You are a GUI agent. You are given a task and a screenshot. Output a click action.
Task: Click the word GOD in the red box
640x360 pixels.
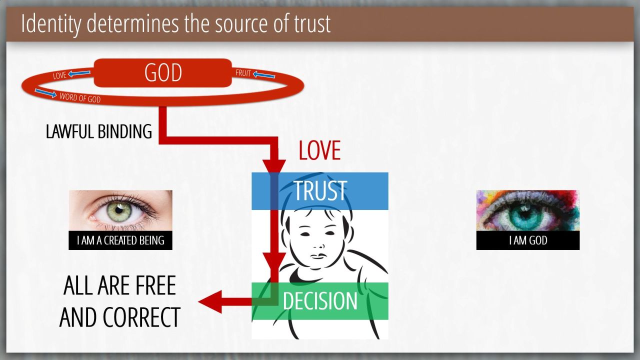[163, 72]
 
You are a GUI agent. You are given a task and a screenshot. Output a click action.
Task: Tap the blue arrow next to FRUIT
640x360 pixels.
[264, 75]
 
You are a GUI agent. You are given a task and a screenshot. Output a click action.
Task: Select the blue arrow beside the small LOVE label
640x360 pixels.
[79, 73]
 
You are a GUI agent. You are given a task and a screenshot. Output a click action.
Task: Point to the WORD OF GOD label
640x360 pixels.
[80, 97]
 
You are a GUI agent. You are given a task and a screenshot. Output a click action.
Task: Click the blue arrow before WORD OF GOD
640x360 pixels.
[45, 93]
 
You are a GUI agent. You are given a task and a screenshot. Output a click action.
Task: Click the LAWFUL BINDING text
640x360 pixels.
[99, 131]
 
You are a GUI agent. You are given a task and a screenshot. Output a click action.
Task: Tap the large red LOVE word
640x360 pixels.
[319, 150]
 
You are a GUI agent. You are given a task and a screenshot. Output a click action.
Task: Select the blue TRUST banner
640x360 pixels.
[319, 191]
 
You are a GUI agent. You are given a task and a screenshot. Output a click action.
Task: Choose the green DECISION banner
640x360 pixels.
[319, 301]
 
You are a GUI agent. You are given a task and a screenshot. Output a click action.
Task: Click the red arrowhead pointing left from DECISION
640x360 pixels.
[210, 301]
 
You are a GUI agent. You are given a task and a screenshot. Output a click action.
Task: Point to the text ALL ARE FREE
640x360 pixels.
[119, 285]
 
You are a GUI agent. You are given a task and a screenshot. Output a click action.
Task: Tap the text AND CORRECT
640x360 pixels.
[119, 317]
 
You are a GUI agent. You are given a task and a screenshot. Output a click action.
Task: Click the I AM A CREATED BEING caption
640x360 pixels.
[120, 240]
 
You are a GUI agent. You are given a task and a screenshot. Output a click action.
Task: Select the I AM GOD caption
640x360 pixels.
[528, 240]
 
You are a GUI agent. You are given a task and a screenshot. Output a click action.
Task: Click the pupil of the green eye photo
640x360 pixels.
[119, 210]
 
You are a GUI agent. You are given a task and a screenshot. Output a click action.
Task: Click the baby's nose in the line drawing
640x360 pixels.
[319, 246]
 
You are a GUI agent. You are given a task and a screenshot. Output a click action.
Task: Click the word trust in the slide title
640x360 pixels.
[312, 24]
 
